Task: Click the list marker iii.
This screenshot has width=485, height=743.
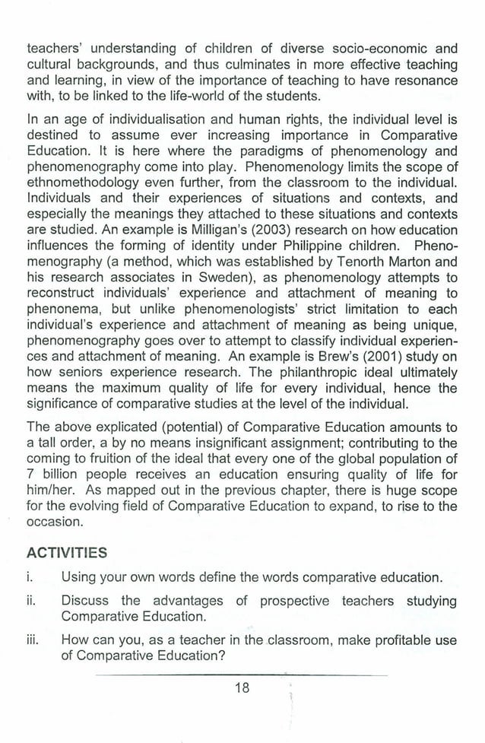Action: click(x=34, y=640)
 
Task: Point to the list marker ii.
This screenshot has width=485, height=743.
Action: click(x=33, y=601)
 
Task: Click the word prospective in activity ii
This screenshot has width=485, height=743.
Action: click(x=295, y=601)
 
